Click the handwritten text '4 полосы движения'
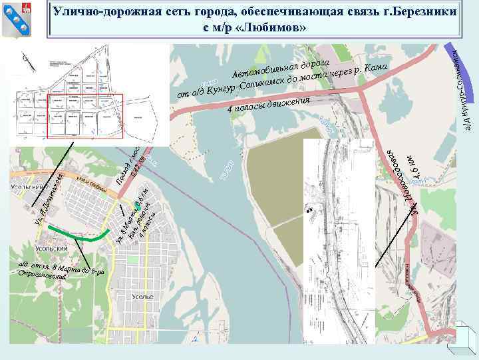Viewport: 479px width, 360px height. pos(268,105)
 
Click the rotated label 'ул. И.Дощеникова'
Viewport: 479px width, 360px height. pos(49,196)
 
